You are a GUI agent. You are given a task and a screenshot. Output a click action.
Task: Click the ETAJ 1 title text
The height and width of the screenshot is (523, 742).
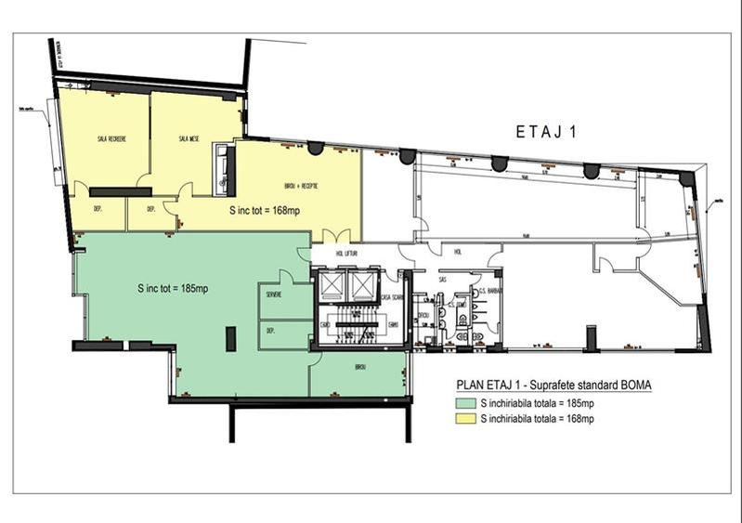(547, 132)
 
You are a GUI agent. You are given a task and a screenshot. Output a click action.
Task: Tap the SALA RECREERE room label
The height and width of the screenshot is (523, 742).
(111, 138)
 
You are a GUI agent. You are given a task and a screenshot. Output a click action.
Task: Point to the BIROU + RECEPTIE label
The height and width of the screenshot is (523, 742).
(296, 186)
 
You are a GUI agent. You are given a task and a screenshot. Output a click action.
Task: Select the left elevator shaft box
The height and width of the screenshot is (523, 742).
(330, 285)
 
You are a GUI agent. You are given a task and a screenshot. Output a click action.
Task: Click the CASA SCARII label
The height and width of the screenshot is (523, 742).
(391, 297)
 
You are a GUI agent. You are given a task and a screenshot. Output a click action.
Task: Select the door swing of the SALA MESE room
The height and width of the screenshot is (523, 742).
(186, 190)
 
